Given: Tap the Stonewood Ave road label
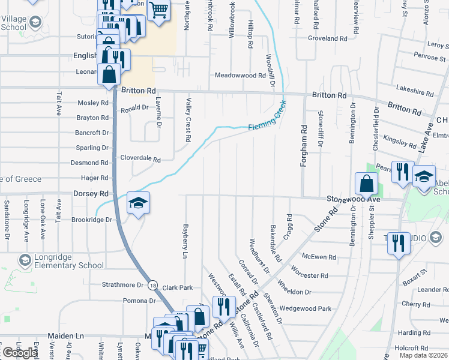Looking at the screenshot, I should click(354, 199).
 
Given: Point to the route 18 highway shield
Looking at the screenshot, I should click(154, 286).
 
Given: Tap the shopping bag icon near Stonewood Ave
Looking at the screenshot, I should click(366, 184).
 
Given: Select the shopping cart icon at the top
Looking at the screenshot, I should click(158, 10).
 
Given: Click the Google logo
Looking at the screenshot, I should click(20, 353).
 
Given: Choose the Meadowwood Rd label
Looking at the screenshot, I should click(240, 76).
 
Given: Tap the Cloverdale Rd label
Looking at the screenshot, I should click(140, 160).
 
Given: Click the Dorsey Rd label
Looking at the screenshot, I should click(91, 194).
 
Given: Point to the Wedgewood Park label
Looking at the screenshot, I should click(306, 308).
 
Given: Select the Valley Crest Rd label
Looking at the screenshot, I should click(188, 120).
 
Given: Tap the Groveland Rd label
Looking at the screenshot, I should click(328, 38).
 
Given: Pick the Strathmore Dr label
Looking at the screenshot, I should click(123, 284).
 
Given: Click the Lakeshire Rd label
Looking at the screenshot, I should click(415, 93).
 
